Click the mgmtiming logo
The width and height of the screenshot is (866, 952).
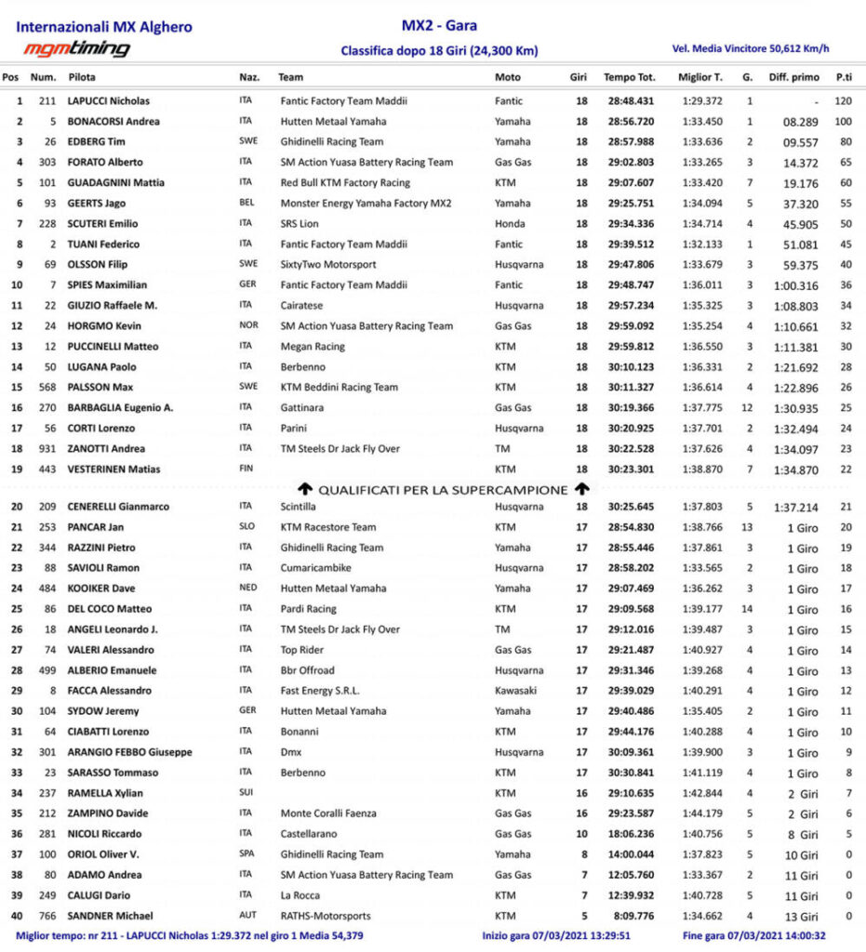pos(76,48)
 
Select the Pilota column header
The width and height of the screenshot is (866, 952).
pos(81,77)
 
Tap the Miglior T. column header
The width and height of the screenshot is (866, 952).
pos(700,77)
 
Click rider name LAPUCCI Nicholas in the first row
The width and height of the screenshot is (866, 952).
pos(108,100)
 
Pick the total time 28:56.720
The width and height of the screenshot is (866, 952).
pos(631,121)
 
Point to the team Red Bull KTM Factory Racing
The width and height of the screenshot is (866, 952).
pos(345,182)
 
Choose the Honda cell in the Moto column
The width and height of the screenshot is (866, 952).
pos(509,223)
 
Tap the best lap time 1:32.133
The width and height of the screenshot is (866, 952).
pos(700,244)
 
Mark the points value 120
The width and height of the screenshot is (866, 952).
pos(844,100)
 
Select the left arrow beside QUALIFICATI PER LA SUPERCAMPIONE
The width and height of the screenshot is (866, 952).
pos(304,489)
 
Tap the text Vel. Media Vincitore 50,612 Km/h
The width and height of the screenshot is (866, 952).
pos(750,48)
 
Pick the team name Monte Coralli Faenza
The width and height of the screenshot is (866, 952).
pos(328,813)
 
